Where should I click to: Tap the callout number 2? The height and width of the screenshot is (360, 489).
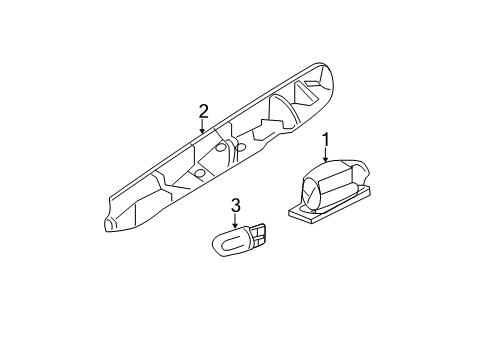pyautogui.click(x=203, y=110)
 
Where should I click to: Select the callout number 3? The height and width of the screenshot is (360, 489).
pyautogui.click(x=236, y=206)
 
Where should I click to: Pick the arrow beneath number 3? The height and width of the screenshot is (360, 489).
pyautogui.click(x=236, y=221)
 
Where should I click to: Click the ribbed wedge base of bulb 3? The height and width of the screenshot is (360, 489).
pyautogui.click(x=259, y=236)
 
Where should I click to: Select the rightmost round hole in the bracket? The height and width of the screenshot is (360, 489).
pyautogui.click(x=241, y=147)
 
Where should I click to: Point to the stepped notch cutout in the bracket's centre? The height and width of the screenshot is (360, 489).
pyautogui.click(x=267, y=130)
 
